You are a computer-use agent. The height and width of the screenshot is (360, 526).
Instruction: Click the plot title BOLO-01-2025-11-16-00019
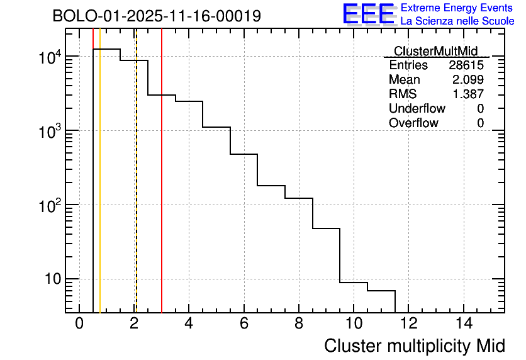pos(157,16)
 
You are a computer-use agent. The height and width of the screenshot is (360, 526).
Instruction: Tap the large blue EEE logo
pos(369,14)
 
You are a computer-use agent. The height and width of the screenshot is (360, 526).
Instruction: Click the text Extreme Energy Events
pos(457,8)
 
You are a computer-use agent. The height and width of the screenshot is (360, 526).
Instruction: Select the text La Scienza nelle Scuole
pos(457,21)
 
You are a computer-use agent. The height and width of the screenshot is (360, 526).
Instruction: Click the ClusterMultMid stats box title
pos(435,51)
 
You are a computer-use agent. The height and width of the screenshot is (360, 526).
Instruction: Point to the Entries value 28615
pos(466,65)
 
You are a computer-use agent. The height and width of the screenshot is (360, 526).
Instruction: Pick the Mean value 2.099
pos(468,80)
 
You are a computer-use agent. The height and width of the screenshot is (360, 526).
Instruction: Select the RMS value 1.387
pos(468,94)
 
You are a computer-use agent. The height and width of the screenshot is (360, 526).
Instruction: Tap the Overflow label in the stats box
pos(413,123)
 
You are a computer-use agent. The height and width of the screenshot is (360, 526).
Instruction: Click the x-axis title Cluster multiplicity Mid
pos(414,346)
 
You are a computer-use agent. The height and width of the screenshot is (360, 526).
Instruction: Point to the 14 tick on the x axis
pos(463,323)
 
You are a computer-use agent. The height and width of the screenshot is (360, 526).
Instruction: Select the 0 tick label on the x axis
pos(79,323)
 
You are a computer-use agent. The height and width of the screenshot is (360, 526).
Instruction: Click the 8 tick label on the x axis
pos(299,323)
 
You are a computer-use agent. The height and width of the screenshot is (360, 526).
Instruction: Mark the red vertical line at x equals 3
pos(162,189)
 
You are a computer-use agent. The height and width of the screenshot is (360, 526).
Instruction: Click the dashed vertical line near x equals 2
pos(136,189)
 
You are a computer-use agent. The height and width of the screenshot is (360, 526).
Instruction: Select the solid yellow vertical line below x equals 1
pos(100,189)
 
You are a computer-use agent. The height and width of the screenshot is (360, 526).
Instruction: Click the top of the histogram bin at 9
pos(326,228)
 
